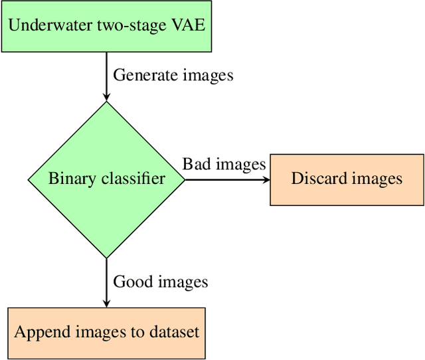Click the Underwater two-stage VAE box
(106, 27)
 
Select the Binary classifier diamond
(106, 179)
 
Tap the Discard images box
(347, 179)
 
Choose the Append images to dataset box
(106, 331)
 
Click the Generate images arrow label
(173, 75)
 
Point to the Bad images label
(224, 163)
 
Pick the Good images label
(161, 282)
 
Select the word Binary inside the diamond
(69, 179)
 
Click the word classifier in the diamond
(129, 179)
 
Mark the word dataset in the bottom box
(173, 331)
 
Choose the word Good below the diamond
(129, 282)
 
